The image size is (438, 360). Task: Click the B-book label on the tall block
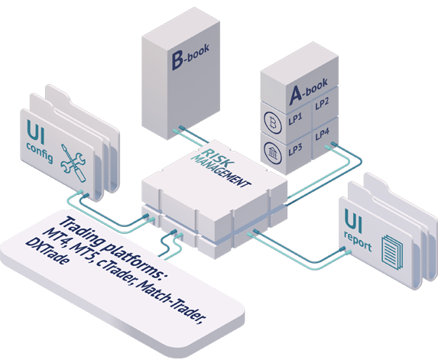(190, 56)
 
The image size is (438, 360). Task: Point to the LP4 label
(323, 135)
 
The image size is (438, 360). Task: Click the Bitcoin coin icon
(273, 123)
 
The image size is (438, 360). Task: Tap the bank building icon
(273, 153)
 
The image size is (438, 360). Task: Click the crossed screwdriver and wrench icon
(73, 163)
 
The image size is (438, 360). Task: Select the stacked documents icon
(392, 252)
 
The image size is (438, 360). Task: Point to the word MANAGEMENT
(220, 171)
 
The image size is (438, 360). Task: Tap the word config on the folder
(40, 153)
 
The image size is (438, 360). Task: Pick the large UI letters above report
(353, 221)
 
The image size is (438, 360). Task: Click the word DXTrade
(47, 251)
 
